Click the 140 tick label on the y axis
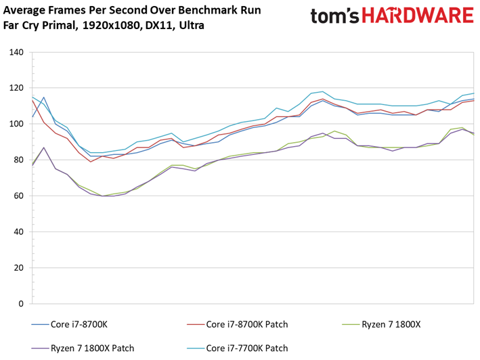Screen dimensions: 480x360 (16, 52)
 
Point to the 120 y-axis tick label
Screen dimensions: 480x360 (16, 88)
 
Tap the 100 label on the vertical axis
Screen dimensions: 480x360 (16, 124)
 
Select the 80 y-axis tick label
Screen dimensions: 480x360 (18, 160)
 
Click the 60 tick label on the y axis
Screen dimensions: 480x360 (18, 196)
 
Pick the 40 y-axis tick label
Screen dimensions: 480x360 (18, 232)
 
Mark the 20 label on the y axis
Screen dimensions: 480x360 (18, 267)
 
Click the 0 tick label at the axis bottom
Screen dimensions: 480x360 (21, 304)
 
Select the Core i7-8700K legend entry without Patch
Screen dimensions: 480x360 (70, 324)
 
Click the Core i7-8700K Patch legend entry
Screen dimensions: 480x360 (238, 324)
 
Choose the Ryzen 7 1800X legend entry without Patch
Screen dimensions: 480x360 (381, 324)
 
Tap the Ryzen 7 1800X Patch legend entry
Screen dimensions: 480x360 (83, 348)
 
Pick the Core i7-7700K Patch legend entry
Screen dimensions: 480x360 (238, 348)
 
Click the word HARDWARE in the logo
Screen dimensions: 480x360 (418, 16)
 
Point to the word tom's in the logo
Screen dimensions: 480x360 (335, 16)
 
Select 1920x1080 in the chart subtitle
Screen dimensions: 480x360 (112, 26)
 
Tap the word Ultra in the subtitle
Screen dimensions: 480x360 (192, 25)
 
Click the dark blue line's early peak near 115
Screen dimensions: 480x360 (44, 97)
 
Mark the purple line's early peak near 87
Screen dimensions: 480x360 (44, 148)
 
